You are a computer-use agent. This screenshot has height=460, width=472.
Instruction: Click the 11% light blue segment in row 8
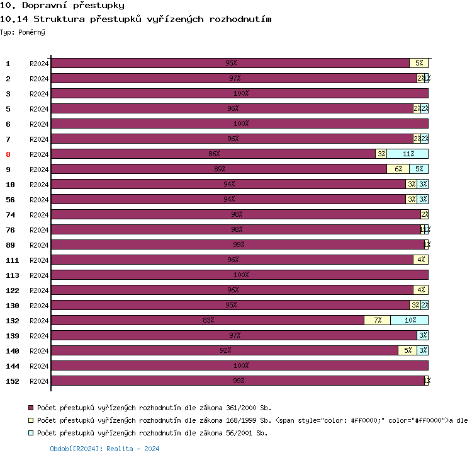coord(408,154)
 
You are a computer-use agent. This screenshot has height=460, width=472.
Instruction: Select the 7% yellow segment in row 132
coord(377,320)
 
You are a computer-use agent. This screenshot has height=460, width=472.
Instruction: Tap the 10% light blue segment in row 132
coord(409,320)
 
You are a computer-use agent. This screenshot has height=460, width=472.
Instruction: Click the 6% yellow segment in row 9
coord(398,169)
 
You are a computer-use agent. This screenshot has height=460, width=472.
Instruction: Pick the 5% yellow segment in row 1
coord(419,63)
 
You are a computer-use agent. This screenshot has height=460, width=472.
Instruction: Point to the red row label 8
coord(8,154)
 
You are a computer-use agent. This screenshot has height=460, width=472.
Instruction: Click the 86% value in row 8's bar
coord(214,154)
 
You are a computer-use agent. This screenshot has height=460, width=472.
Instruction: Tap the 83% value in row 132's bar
coord(208,320)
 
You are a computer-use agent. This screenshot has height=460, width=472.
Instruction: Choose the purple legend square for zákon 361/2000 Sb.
coord(31,408)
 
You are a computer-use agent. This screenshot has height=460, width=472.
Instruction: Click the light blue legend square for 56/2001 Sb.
coord(31,433)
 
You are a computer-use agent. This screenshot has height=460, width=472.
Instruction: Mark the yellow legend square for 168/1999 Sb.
coord(31,420)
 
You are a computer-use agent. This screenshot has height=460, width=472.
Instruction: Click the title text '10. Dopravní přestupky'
coord(62,6)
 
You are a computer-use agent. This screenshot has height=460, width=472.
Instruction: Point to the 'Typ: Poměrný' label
coord(23,32)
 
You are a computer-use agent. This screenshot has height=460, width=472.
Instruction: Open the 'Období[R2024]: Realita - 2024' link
coord(104,449)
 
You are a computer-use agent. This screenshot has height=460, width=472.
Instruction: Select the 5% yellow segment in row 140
coord(407,350)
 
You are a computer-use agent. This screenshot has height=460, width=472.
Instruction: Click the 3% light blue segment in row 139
coord(422,335)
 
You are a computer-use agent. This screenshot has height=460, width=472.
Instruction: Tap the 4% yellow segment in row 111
coord(420,260)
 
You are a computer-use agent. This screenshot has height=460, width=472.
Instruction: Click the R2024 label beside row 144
coord(39,366)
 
